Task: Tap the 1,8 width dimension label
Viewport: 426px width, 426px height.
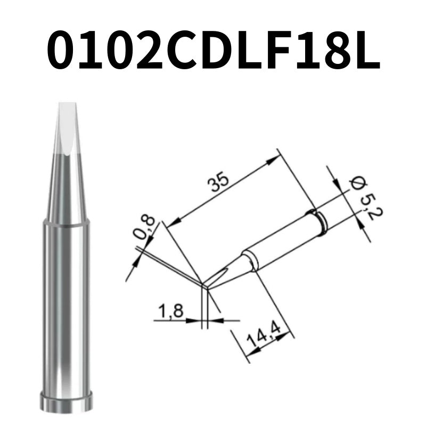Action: click(170, 310)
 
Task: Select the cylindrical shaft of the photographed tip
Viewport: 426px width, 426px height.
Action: click(67, 309)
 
